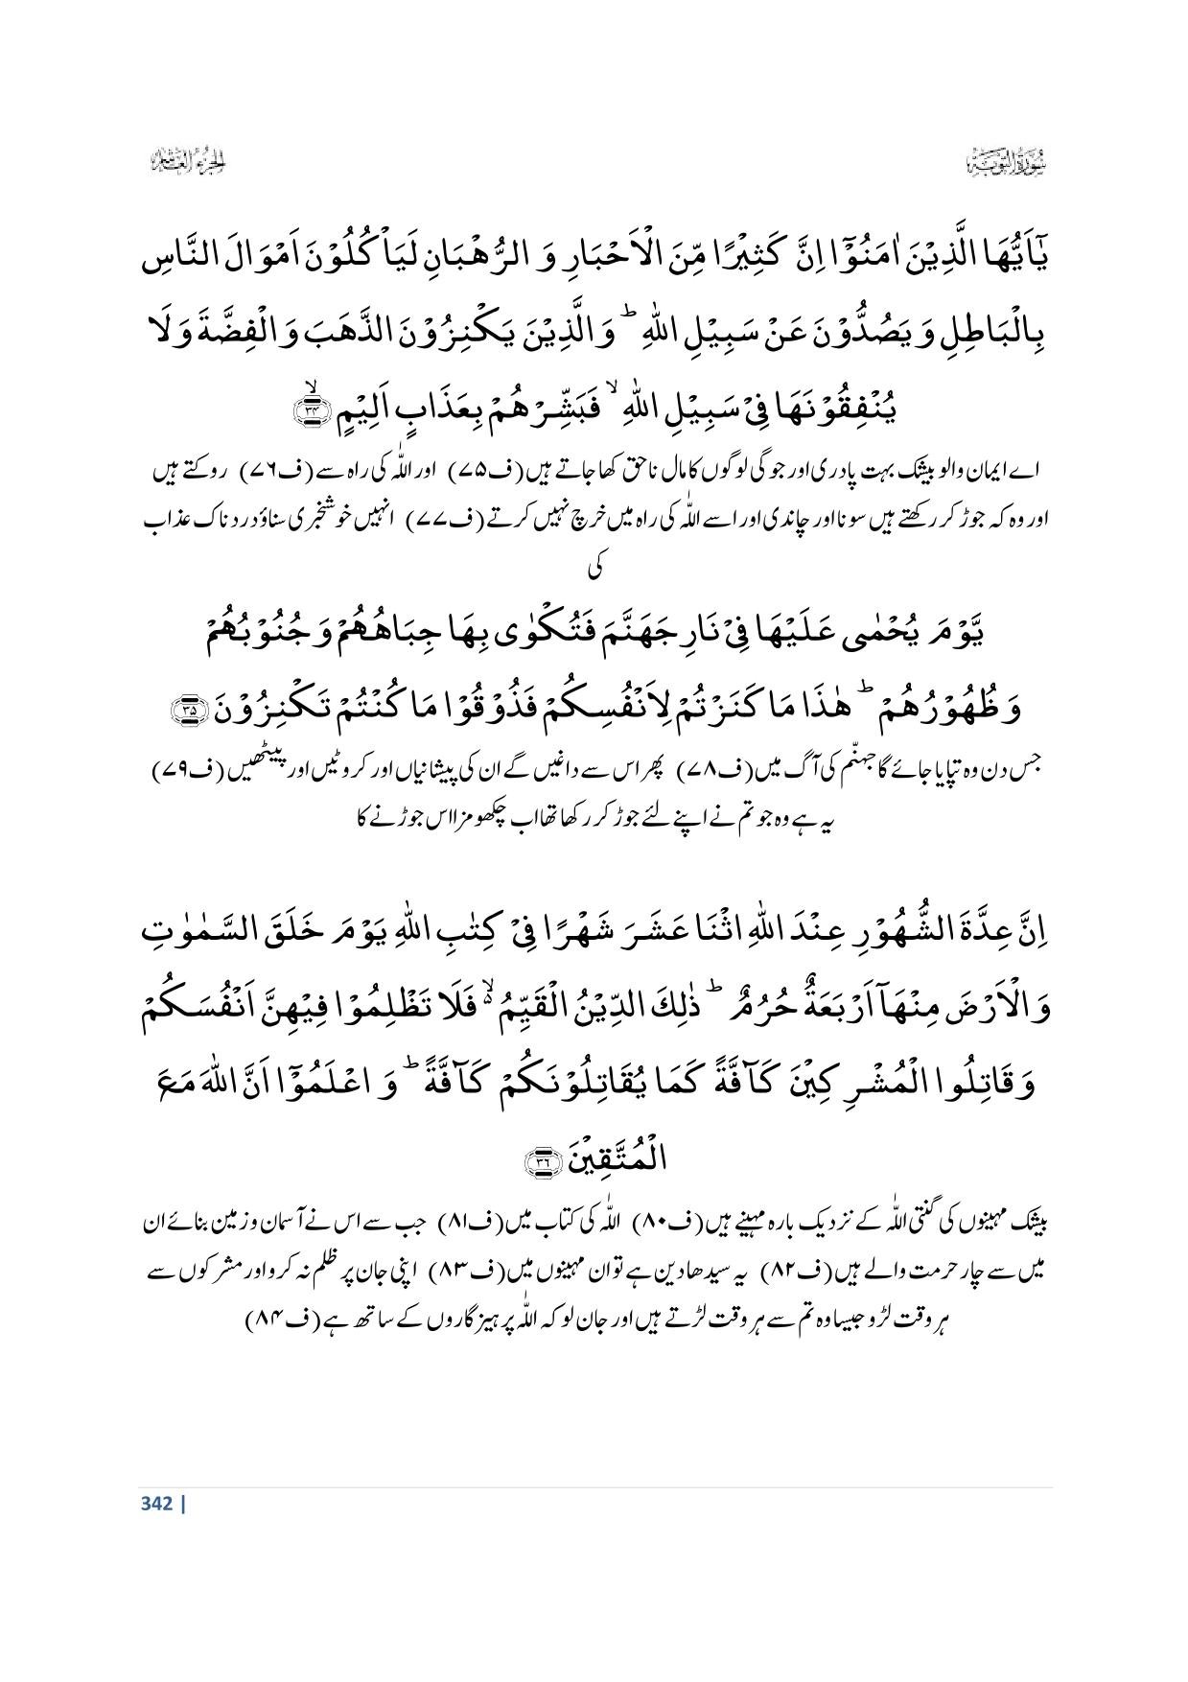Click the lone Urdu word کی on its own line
(595, 567)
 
